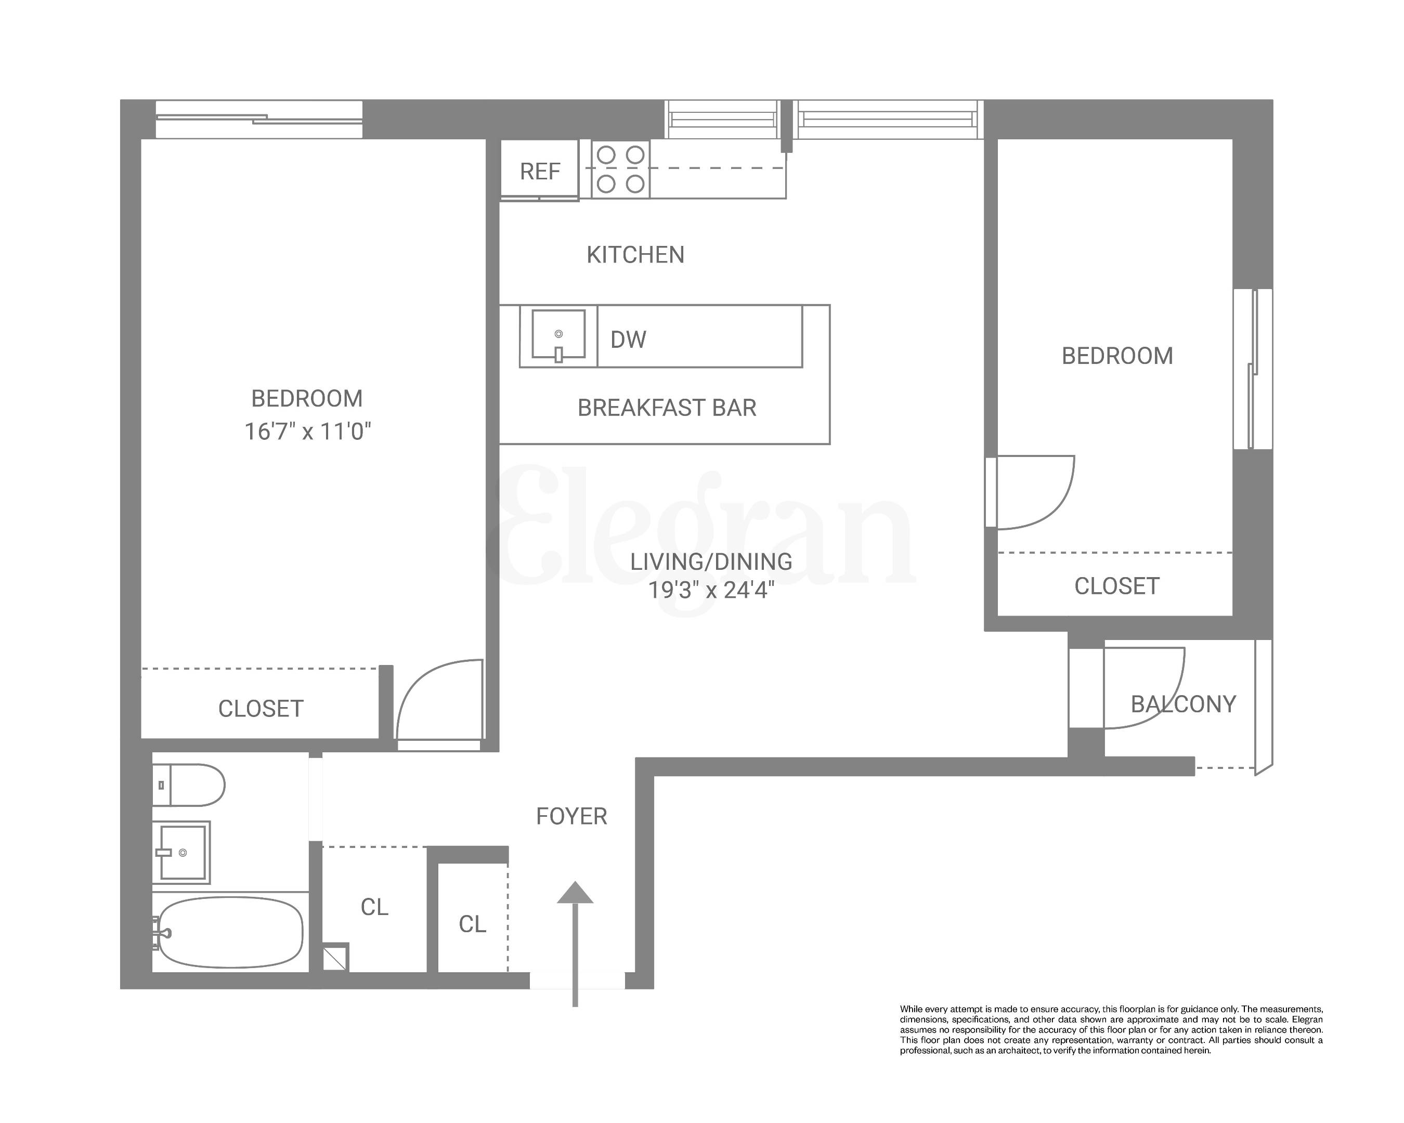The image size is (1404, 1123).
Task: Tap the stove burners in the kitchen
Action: point(620,170)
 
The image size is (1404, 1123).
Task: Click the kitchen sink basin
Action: point(558,334)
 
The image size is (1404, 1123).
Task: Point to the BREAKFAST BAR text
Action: point(666,408)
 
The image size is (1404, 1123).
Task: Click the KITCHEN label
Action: point(635,255)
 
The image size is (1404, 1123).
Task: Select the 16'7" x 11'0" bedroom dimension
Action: point(307,432)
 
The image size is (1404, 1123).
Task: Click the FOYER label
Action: point(571,816)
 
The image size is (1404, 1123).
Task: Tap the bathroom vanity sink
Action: point(181,852)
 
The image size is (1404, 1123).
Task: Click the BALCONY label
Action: point(1182,704)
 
